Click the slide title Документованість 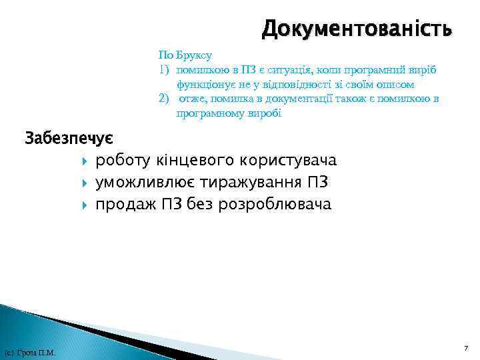(357, 29)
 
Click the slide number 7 (466, 349)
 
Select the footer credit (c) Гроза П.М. (29, 352)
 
